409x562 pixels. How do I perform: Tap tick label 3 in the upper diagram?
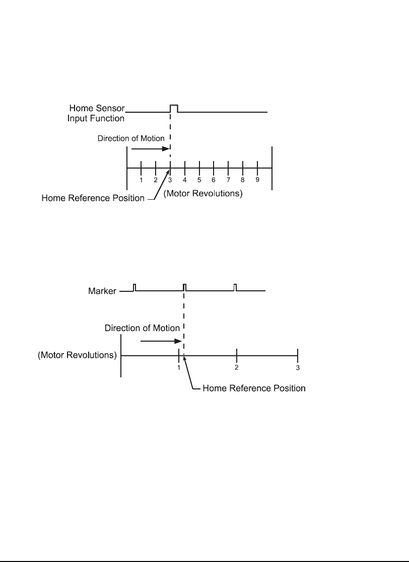point(170,180)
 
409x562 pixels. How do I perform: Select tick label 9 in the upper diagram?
point(257,180)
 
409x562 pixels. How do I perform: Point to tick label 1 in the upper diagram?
point(141,180)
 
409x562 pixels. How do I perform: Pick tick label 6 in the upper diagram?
point(214,180)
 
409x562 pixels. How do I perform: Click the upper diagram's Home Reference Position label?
point(93,198)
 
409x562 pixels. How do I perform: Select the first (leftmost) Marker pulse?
point(134,287)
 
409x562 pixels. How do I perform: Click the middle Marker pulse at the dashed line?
point(185,287)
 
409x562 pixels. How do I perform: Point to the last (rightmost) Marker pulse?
point(235,287)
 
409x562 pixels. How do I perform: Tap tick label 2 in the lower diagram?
point(236,368)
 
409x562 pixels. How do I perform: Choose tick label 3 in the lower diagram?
point(298,368)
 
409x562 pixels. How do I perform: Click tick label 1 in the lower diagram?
point(179,368)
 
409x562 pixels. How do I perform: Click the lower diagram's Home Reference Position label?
point(254,388)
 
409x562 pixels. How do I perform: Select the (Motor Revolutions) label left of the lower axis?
point(78,355)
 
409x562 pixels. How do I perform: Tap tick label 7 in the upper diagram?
point(228,180)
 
